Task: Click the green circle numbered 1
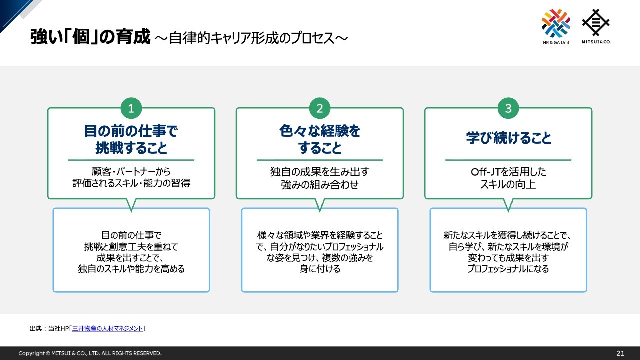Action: [131, 108]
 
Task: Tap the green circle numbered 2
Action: [320, 108]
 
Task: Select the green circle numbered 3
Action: [508, 108]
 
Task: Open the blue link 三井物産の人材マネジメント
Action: [107, 328]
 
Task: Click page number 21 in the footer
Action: [620, 353]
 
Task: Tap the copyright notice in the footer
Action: [90, 353]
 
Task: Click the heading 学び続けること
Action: [508, 138]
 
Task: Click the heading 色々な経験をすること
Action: [320, 139]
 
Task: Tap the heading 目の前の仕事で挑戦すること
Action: [131, 139]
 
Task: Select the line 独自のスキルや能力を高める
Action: [131, 269]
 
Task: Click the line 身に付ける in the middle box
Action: [320, 269]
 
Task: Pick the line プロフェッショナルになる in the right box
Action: [508, 269]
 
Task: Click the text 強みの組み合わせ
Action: [320, 185]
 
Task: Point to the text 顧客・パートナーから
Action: [131, 171]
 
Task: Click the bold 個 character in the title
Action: [81, 37]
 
